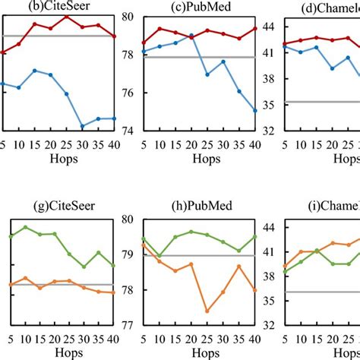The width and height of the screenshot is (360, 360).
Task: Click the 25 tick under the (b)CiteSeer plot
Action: (66, 146)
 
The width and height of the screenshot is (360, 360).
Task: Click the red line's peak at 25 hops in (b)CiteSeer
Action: (66, 16)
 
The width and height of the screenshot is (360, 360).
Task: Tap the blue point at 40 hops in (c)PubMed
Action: (255, 110)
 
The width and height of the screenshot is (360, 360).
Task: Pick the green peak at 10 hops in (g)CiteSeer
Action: (26, 227)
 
